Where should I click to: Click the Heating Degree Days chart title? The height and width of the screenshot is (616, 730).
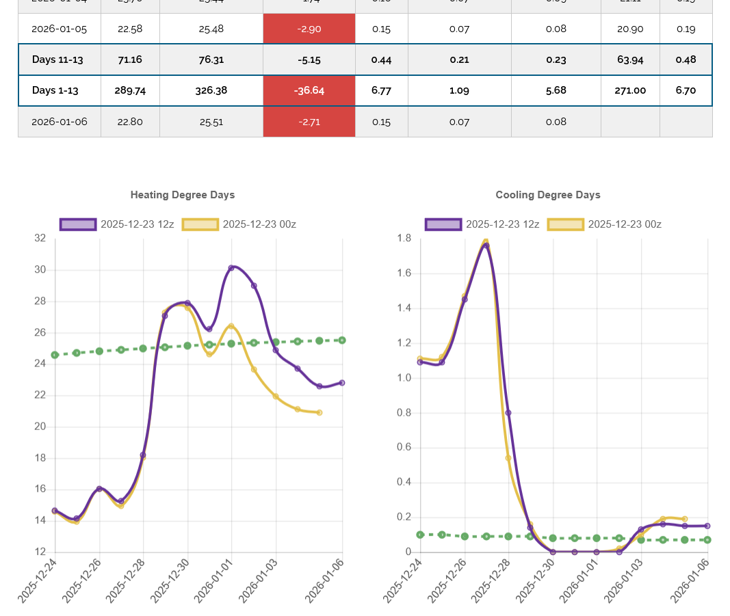[x=183, y=195]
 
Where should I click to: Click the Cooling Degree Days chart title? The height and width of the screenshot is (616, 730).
[x=548, y=195]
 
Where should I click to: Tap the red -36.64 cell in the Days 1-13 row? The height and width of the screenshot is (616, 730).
[x=309, y=90]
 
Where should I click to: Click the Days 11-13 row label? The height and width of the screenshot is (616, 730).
[x=57, y=59]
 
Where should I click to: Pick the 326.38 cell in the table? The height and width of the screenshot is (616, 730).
[x=211, y=90]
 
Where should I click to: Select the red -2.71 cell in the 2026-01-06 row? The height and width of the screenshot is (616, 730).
[x=309, y=122]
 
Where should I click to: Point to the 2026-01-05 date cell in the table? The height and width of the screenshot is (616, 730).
[x=60, y=29]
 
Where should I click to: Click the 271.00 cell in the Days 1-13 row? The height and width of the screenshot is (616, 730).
[x=630, y=90]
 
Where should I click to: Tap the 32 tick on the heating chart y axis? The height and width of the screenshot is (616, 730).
[x=40, y=239]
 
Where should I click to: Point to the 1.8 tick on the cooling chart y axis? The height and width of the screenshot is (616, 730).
[x=404, y=239]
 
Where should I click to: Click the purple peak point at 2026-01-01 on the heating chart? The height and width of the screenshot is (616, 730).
[x=231, y=268]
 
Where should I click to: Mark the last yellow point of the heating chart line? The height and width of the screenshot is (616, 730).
[x=320, y=412]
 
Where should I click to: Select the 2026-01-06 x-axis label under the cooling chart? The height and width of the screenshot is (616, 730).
[x=690, y=582]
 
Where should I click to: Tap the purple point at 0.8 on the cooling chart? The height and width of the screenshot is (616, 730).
[x=508, y=412]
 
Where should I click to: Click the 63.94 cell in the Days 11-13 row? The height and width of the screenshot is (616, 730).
[x=630, y=59]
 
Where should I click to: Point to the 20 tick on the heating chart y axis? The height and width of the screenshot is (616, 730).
[x=40, y=427]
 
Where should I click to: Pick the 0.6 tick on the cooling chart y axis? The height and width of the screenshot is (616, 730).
[x=404, y=447]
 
